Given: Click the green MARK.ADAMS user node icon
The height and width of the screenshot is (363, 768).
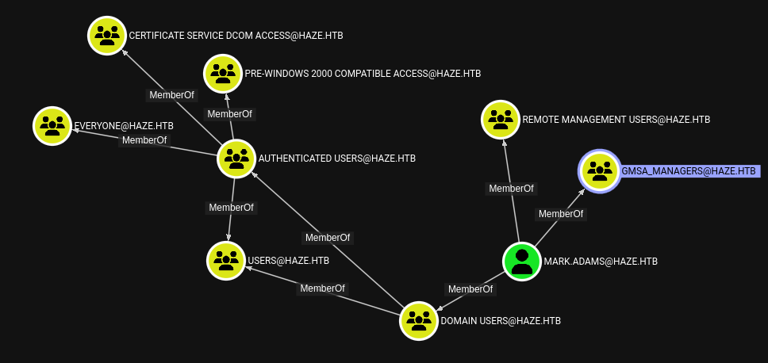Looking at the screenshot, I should click(522, 261).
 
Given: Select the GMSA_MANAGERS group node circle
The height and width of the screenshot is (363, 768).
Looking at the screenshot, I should click(599, 171).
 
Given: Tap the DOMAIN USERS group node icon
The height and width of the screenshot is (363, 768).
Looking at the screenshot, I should click(418, 321).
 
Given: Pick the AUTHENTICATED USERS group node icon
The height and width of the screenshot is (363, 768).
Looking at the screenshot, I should click(236, 159).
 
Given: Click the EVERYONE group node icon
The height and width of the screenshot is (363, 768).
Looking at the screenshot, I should click(52, 125).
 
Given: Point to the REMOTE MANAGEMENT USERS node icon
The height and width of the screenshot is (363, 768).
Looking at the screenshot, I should click(501, 120).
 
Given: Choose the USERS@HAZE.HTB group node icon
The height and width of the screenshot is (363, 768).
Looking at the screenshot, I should click(226, 260).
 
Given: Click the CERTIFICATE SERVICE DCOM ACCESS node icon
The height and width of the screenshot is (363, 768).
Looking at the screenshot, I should click(107, 36).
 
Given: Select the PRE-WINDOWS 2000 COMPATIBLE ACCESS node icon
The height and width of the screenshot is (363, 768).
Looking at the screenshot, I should click(223, 73).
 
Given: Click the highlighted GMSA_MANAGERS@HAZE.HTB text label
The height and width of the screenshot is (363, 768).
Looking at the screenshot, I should click(689, 171).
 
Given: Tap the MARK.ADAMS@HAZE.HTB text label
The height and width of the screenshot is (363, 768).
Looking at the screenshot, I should click(601, 261).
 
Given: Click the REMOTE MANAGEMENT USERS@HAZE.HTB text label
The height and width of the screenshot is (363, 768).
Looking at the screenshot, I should click(616, 120).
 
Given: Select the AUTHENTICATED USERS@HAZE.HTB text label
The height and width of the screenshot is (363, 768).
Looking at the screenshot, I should click(336, 159).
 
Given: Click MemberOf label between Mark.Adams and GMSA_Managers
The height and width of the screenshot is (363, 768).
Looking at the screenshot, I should click(561, 214).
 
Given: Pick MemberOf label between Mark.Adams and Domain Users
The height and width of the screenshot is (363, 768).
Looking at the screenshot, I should click(470, 289).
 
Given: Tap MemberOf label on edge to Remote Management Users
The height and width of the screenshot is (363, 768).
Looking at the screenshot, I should click(511, 189).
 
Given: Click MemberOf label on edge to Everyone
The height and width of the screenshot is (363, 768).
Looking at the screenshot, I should click(144, 140).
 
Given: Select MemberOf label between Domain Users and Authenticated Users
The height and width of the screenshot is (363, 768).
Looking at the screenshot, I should click(328, 238).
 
